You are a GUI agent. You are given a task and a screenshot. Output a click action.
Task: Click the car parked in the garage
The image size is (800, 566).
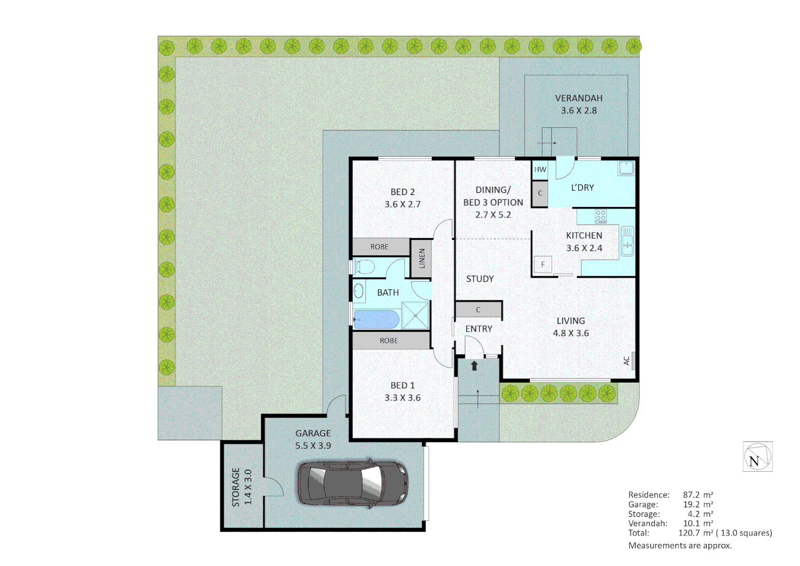[353, 483]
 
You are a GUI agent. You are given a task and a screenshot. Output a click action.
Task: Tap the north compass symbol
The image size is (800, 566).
[757, 456]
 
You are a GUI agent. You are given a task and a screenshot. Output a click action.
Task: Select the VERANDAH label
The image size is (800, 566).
[579, 99]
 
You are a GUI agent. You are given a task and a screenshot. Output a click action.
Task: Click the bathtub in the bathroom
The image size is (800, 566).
[376, 319]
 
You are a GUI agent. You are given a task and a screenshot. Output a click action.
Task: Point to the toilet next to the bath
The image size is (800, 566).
[363, 267]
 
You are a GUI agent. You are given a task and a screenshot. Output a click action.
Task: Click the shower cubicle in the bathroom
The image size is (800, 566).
[416, 315]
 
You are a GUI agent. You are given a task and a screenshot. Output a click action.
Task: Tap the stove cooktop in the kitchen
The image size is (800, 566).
[601, 215]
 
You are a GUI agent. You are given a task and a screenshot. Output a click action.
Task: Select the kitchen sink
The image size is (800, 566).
[627, 241]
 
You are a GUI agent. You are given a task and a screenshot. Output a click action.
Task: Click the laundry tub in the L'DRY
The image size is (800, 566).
[626, 168]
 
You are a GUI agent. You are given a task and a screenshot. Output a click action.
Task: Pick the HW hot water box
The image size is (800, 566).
[540, 169]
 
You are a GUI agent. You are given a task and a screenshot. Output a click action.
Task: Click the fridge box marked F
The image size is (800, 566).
[543, 264]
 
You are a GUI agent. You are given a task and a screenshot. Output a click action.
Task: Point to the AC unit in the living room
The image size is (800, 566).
[632, 361]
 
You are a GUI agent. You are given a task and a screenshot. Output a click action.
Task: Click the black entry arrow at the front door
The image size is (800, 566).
[474, 365]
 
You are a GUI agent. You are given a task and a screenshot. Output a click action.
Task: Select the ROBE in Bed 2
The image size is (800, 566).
[380, 247]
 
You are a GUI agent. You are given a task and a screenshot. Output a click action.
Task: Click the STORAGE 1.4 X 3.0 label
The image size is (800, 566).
[241, 487]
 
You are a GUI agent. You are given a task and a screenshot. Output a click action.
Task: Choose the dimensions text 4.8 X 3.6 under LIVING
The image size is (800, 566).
[571, 333]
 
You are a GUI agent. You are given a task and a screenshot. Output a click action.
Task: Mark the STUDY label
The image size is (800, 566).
[480, 279]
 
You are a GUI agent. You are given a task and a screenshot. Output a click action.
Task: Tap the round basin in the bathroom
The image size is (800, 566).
[359, 291]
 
